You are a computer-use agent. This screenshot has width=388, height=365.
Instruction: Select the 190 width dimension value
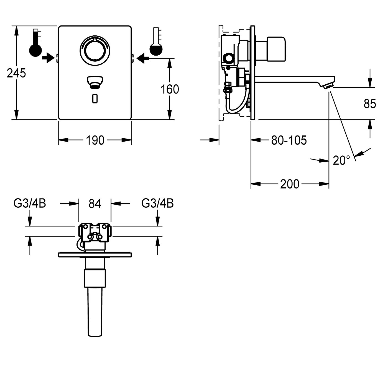coord(95,140)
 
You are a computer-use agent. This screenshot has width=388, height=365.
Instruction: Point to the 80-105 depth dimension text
coord(289,140)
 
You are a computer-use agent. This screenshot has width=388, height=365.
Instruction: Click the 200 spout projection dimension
coord(290,184)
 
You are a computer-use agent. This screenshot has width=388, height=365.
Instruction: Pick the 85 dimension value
coord(370,104)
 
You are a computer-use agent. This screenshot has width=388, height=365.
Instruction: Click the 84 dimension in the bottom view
coord(95,204)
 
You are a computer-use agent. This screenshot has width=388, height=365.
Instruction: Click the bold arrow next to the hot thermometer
coord(48,58)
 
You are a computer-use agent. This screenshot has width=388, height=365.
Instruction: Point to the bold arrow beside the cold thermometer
coord(143,58)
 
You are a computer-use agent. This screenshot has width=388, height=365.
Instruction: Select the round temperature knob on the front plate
coord(95,49)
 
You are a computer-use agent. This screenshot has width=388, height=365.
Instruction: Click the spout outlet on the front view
coord(95,82)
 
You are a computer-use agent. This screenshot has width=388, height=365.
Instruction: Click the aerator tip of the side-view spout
coord(328,86)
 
